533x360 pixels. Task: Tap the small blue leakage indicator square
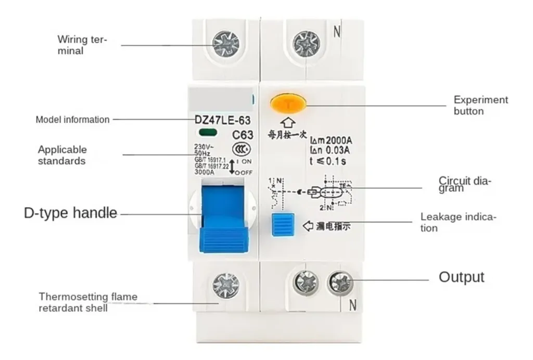[x=283, y=225]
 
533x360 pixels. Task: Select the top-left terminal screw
[x=226, y=44]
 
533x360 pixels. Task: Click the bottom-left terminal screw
[x=226, y=286]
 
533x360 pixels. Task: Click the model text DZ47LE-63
[x=222, y=120]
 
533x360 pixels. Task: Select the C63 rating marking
[x=242, y=135]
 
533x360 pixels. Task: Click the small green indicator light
[x=206, y=133]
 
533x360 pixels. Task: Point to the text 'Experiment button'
[x=480, y=105]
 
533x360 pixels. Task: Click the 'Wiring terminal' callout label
[x=81, y=45]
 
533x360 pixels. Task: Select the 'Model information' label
[x=72, y=120]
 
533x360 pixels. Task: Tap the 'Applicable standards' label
[x=62, y=155]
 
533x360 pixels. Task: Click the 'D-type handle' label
[x=71, y=213]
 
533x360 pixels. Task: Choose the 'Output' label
[x=461, y=277]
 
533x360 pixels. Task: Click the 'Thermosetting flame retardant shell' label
[x=88, y=302]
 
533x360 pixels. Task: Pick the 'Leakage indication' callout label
[x=458, y=222]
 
